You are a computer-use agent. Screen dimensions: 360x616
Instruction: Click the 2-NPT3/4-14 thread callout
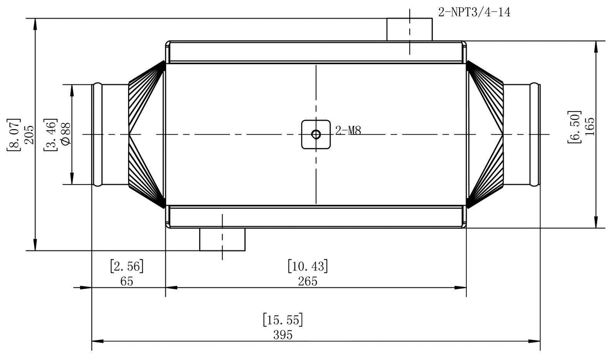coord(474,11)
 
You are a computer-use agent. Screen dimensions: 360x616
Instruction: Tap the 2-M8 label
coord(348,131)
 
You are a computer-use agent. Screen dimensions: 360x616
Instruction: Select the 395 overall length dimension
coord(283,335)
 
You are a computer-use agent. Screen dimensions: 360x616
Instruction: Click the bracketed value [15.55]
coord(283,319)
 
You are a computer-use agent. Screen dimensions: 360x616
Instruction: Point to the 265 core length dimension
coord(307,281)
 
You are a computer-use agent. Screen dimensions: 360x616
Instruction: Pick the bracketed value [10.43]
coord(307,266)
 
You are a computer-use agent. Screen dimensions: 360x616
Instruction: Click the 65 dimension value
coord(127,281)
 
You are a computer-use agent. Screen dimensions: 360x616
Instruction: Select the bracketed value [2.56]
coord(127,266)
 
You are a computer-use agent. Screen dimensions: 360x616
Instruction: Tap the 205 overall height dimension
coord(28,135)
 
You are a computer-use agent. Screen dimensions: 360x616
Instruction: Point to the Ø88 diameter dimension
coord(65,135)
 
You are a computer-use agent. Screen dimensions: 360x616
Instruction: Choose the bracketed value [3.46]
coord(50,135)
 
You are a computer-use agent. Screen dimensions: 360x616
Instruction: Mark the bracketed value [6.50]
coord(574,127)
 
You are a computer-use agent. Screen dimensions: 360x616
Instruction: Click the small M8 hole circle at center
coord(316,134)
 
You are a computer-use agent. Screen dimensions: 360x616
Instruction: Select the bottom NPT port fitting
coord(222,239)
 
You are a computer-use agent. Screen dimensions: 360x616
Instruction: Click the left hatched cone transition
coord(146,134)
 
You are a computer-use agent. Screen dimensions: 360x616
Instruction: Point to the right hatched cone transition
coord(485,134)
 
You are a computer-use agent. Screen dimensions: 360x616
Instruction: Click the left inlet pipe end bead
coord(96,134)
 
